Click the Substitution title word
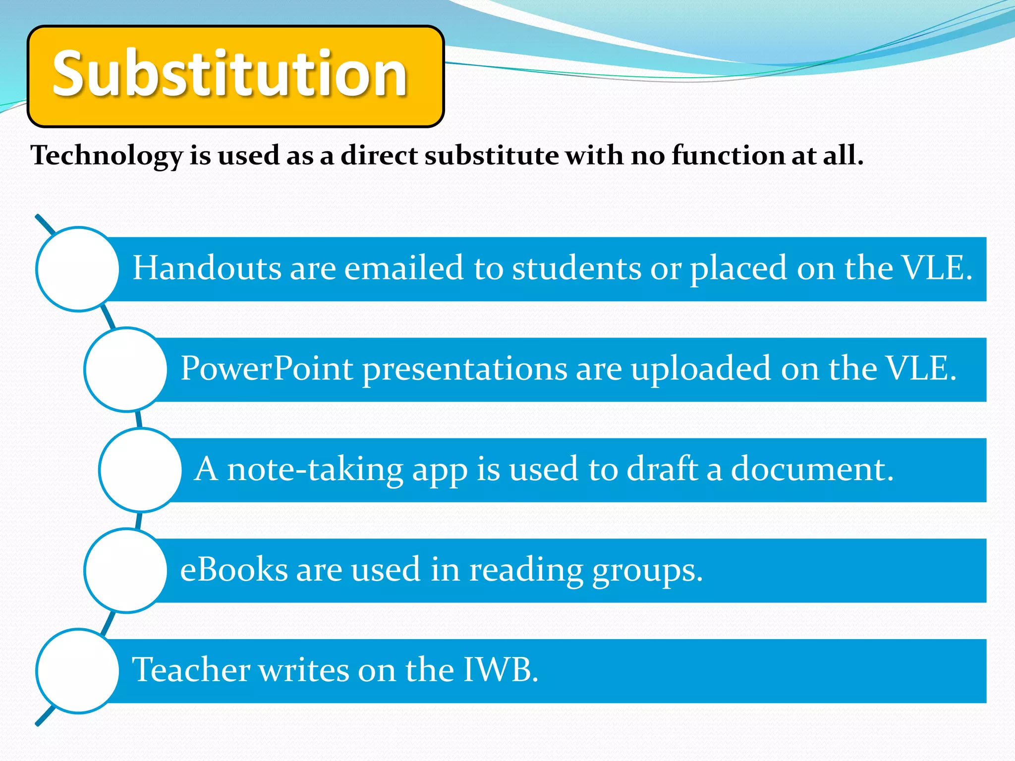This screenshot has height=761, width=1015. coord(230,74)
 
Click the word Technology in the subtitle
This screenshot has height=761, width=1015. coord(107,156)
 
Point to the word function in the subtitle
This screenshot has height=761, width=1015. coord(728,155)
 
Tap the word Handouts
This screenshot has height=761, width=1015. coord(207,268)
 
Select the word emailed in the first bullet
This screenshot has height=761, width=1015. coord(403,268)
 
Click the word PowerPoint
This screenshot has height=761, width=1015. coord(267,369)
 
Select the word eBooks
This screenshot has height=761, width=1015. coord(233,569)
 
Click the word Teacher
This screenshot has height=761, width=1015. coord(191,670)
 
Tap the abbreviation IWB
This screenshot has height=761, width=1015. coord(500,670)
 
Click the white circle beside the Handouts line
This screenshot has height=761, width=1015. coord(78,269)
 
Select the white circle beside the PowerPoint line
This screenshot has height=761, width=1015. coord(126,370)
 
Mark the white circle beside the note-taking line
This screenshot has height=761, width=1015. coord(141,470)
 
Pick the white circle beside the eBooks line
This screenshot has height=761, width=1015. coord(126,570)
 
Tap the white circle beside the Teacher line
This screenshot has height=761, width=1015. coord(78,671)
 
